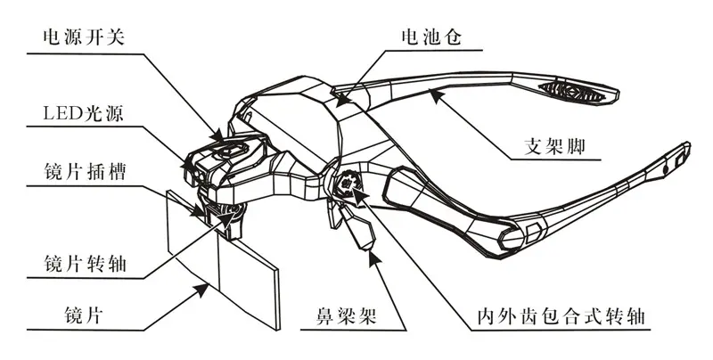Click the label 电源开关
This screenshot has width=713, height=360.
tap(84, 37)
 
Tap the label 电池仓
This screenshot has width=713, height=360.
tap(431, 37)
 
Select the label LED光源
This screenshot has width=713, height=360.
tap(83, 113)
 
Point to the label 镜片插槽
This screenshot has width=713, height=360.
tap(85, 173)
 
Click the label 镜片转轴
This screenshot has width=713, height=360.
tap(85, 264)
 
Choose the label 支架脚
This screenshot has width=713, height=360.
tap(554, 146)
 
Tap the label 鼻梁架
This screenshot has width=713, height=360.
tap(347, 315)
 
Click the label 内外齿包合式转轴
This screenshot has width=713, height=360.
tap(561, 316)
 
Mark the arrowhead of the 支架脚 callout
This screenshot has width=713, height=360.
tap(436, 95)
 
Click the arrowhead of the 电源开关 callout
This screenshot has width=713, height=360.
tap(217, 135)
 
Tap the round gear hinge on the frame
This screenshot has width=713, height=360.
tap(348, 184)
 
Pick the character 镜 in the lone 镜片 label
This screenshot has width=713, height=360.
tap(74, 315)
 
